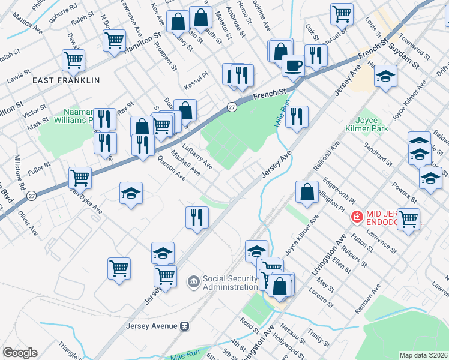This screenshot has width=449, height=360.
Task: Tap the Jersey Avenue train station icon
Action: pos(185,326)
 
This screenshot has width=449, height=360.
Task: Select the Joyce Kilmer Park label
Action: pos(367,124)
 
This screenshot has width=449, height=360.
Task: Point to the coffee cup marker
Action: pos(293,64)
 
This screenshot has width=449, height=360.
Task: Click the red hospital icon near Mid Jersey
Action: pos(357,215)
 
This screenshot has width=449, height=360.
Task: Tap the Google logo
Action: pos(20,353)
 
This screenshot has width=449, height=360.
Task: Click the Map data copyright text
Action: pos(423,355)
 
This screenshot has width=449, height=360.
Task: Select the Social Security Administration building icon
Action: pos(194,281)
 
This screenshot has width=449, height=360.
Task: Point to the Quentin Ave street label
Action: pos(170,169)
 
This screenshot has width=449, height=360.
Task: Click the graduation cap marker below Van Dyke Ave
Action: pos(131,193)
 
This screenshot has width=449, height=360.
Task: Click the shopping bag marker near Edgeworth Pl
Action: pos(307,193)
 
